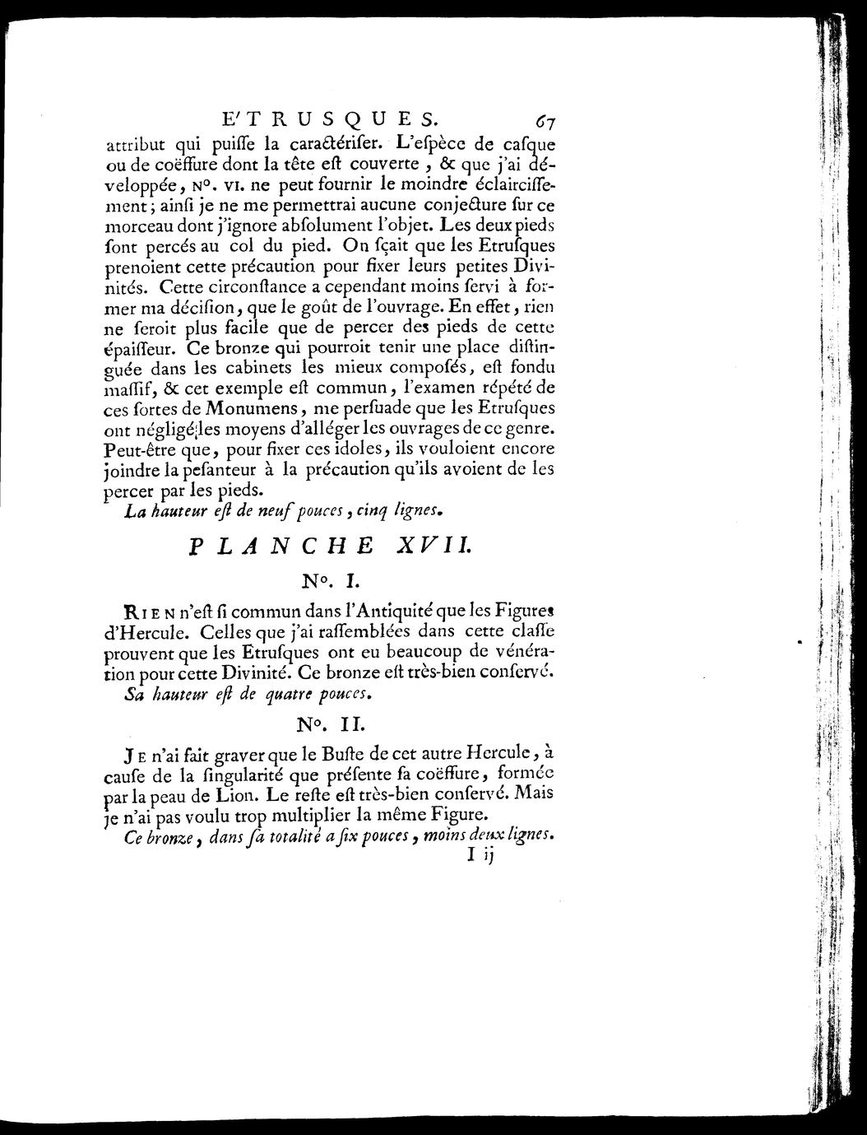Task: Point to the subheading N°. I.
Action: [x=327, y=580]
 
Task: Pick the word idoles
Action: [x=354, y=450]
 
